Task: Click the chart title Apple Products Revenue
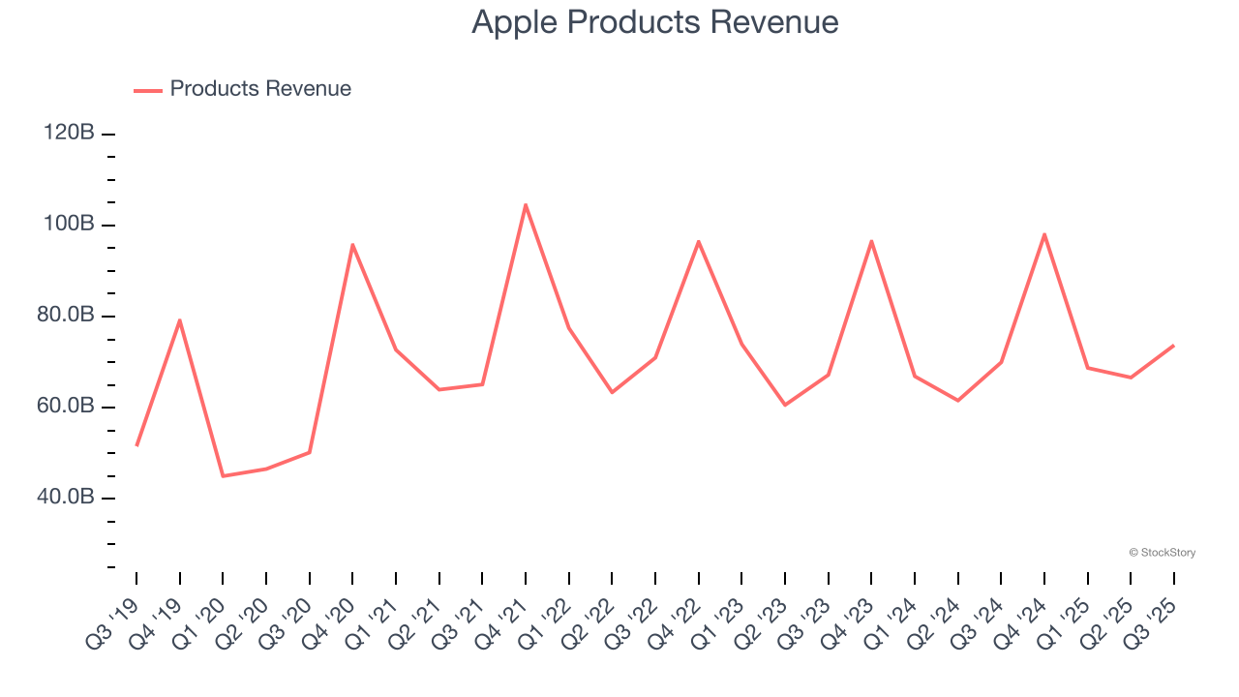(x=654, y=21)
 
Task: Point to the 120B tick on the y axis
(x=70, y=133)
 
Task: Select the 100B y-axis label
(x=70, y=225)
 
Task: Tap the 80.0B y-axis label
(x=68, y=316)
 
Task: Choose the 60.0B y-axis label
(x=68, y=407)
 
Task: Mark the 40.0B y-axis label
(x=68, y=498)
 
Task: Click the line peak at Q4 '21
(x=526, y=204)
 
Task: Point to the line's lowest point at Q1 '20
(x=223, y=475)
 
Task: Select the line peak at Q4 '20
(x=352, y=244)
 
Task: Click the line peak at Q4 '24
(x=1044, y=234)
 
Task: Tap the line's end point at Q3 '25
(x=1174, y=345)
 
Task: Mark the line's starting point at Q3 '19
(x=136, y=445)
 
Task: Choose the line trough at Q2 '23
(x=785, y=405)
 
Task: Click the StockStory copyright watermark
(x=1162, y=553)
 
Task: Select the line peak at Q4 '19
(x=180, y=320)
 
